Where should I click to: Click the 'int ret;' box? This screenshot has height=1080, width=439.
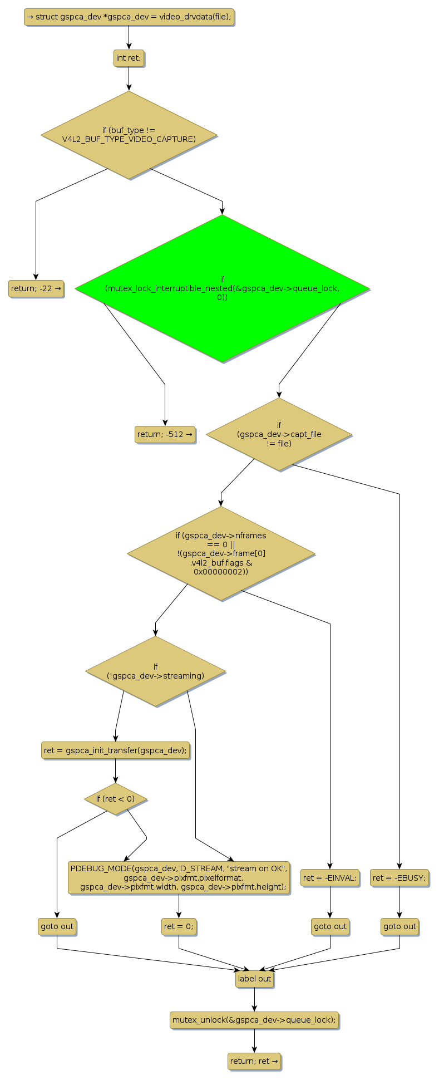pos(129,58)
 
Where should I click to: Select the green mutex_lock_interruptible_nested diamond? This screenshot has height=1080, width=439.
pos(222,288)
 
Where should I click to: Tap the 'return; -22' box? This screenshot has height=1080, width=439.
pos(36,288)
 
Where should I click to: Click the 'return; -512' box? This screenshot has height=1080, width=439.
pos(165,434)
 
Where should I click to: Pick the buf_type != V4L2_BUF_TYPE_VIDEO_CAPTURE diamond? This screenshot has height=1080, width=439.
pos(129,135)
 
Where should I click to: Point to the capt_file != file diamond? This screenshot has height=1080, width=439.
pos(279,434)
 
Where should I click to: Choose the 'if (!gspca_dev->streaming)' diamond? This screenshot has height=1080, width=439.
pos(155,671)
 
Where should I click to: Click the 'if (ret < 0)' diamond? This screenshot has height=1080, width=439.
pos(116,799)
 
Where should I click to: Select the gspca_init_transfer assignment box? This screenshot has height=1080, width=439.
pos(116,750)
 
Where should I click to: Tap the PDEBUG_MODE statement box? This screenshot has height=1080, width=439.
pos(179,877)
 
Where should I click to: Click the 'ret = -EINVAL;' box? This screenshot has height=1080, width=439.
pos(330,877)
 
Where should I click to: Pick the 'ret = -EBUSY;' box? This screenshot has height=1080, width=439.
pos(399,877)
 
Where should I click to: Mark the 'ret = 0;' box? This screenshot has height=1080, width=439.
pos(179,926)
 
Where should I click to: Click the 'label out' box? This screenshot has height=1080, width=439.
pos(254,979)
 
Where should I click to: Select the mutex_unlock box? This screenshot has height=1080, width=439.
pos(254,1020)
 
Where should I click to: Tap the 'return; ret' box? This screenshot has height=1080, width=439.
pos(254,1061)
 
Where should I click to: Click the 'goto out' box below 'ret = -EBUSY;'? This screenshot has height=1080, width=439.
pos(399,926)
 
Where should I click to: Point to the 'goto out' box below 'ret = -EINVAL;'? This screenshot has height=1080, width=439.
pos(330,926)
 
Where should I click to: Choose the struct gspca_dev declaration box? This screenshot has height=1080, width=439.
pos(129,17)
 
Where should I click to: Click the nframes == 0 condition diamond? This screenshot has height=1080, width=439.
pos(221,553)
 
